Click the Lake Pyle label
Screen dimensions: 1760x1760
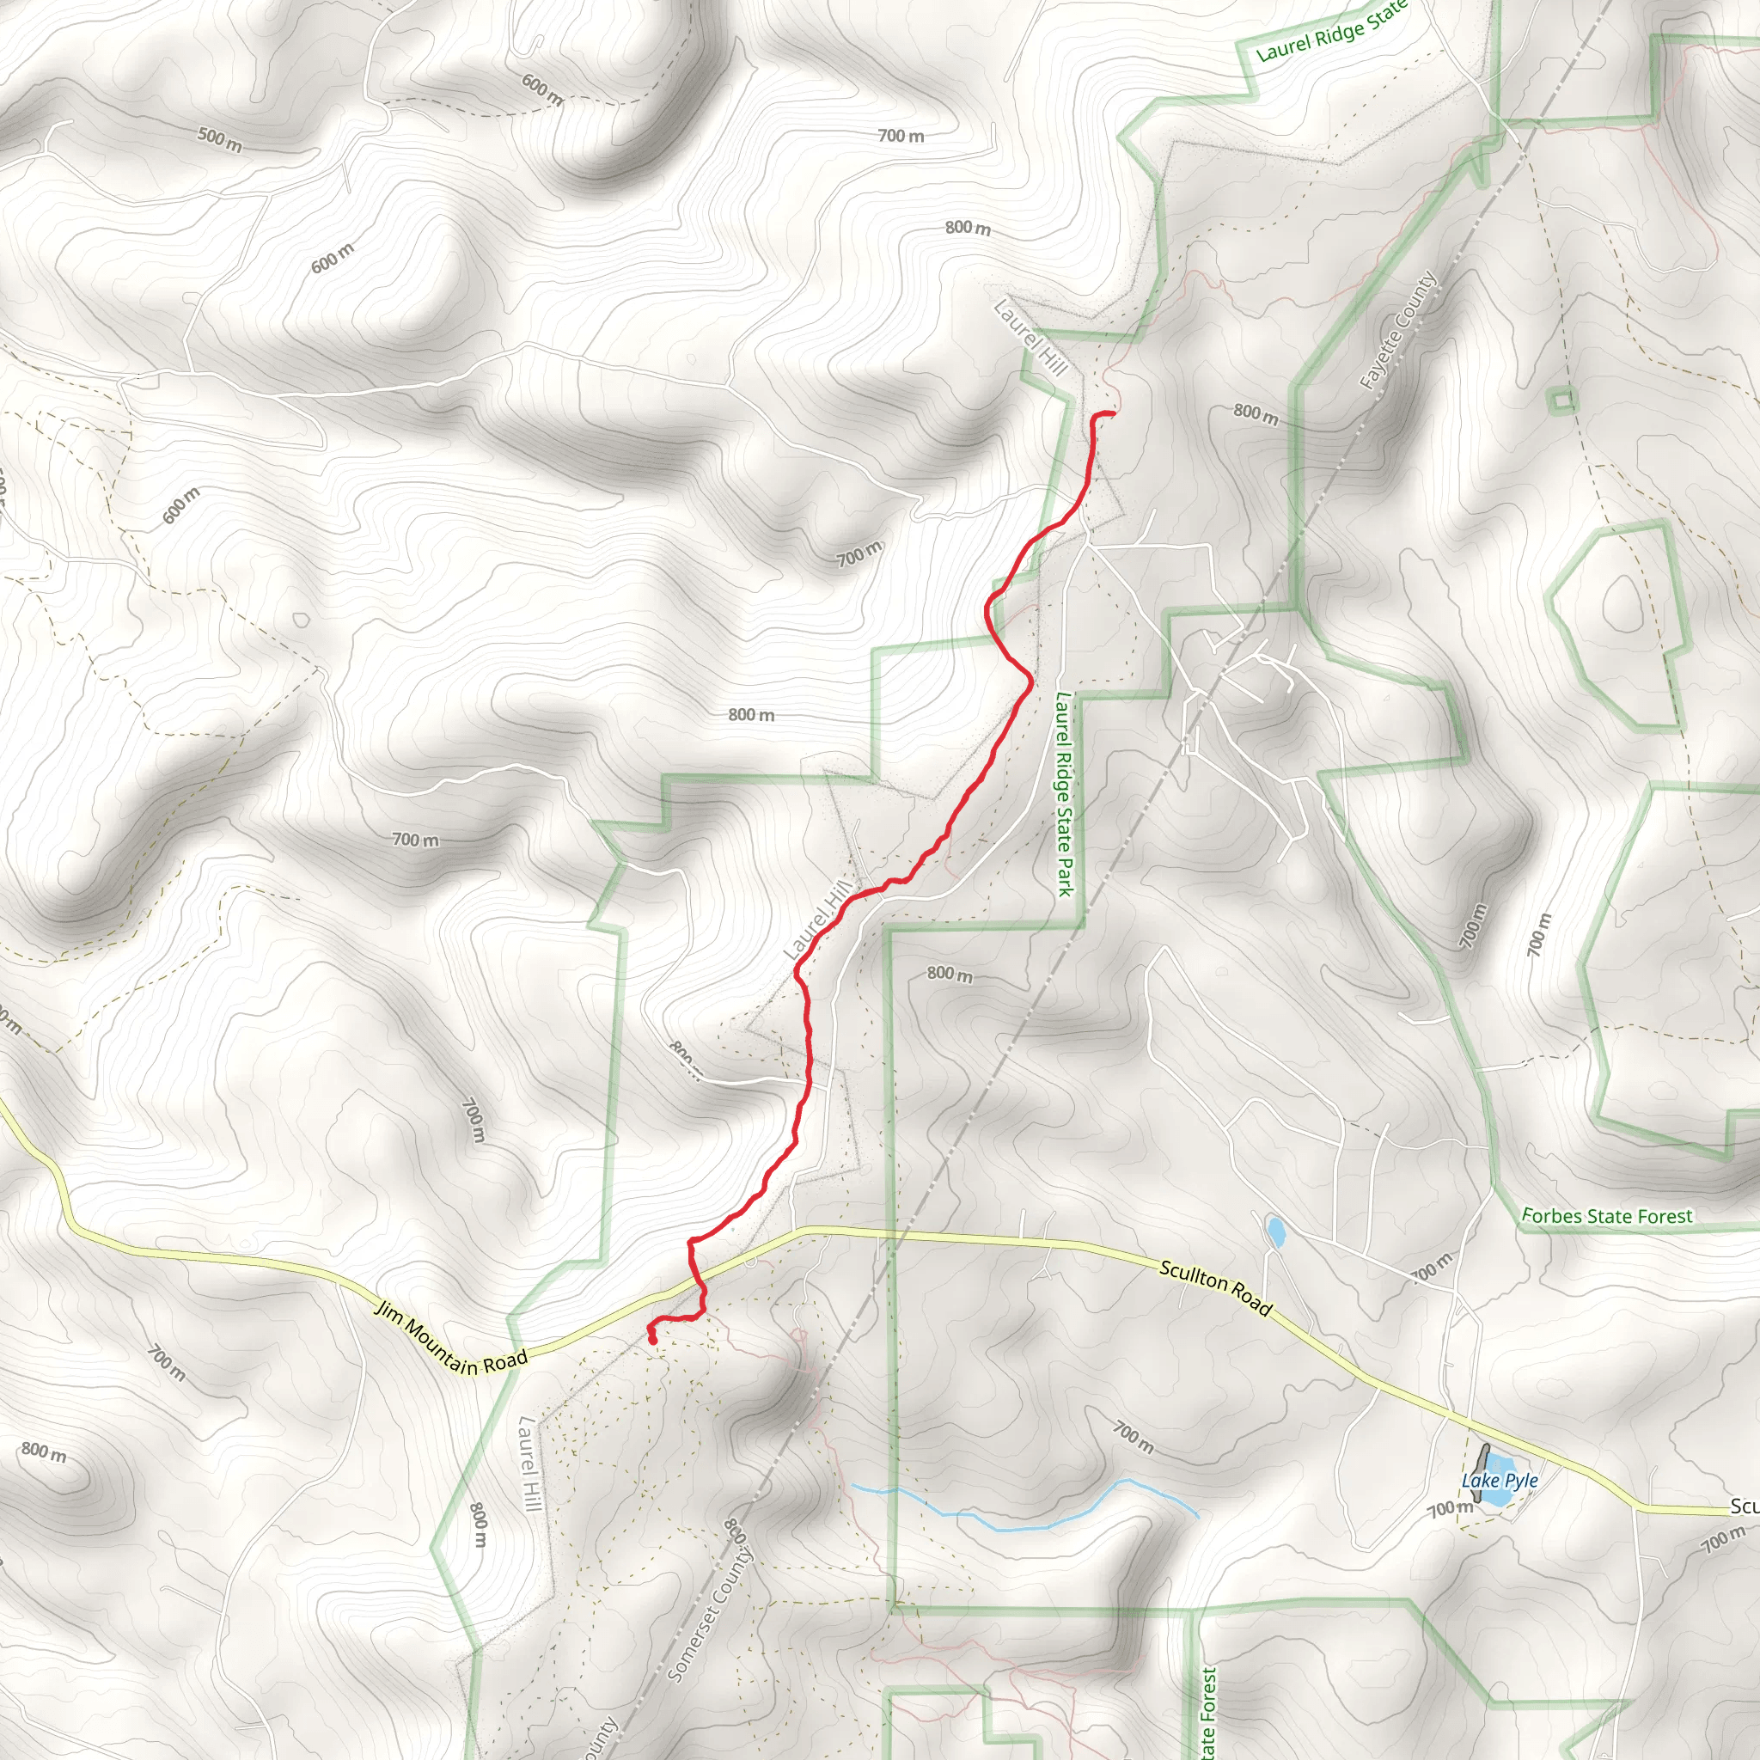1500,1481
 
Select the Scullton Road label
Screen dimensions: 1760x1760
1215,1287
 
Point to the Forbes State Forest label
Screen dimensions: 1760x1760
1607,1216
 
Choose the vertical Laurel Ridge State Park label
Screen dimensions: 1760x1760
1063,793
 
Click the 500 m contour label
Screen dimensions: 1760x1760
219,139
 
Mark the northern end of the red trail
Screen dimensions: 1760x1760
1113,414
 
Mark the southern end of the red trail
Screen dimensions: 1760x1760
653,1341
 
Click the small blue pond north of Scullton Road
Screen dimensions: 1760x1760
1276,1232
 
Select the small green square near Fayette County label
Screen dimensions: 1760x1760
1562,399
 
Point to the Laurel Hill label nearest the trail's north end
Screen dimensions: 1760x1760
1030,337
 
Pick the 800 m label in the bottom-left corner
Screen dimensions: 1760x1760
44,1451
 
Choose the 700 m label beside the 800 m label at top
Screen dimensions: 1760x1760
901,136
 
